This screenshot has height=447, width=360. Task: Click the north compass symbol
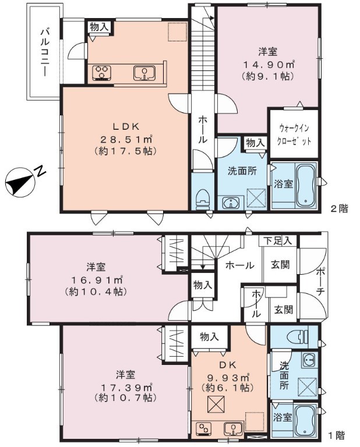click(20, 182)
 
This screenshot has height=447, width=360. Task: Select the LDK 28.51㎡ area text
click(125, 139)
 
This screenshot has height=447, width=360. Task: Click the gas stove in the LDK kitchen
click(102, 72)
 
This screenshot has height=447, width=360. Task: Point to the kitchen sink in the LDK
click(144, 73)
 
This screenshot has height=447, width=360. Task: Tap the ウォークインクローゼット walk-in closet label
click(294, 134)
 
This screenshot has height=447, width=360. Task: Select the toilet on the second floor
click(203, 200)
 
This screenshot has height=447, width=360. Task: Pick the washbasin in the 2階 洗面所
click(230, 203)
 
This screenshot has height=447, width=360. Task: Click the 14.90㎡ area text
click(268, 65)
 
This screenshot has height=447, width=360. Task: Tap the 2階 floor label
click(339, 208)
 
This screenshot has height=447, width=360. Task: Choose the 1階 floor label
click(337, 435)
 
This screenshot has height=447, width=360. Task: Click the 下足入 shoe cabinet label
click(277, 240)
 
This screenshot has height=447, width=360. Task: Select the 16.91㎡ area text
click(96, 280)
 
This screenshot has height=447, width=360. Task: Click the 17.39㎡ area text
click(125, 387)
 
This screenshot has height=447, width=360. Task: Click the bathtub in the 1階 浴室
click(305, 420)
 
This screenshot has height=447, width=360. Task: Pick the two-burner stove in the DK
click(204, 428)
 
